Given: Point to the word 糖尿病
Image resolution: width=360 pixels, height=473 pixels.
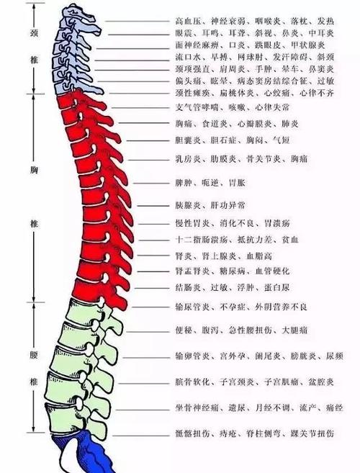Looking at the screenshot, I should click(x=228, y=271).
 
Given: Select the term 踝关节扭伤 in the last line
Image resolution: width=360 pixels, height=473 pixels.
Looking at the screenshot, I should click(x=312, y=435).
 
